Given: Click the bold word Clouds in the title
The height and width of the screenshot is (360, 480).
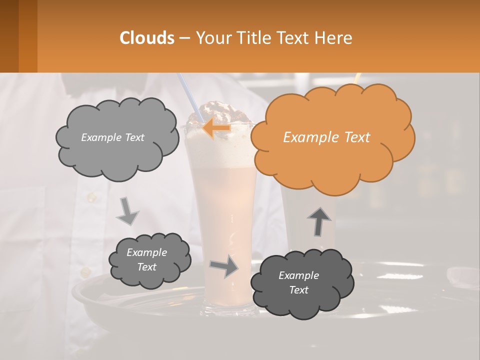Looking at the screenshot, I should pos(146,38).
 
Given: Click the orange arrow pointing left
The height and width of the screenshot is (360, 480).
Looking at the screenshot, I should pos(216,128).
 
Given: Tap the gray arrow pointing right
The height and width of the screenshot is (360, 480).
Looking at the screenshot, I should pos(224,266).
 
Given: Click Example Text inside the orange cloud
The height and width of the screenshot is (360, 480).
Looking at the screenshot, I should pos(326,137).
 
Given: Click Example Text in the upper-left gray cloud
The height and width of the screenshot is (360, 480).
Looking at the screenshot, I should pos(112,137).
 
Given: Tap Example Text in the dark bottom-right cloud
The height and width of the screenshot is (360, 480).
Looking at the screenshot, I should pos(298,282).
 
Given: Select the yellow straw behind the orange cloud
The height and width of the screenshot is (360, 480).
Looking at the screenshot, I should pos(357,78).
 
